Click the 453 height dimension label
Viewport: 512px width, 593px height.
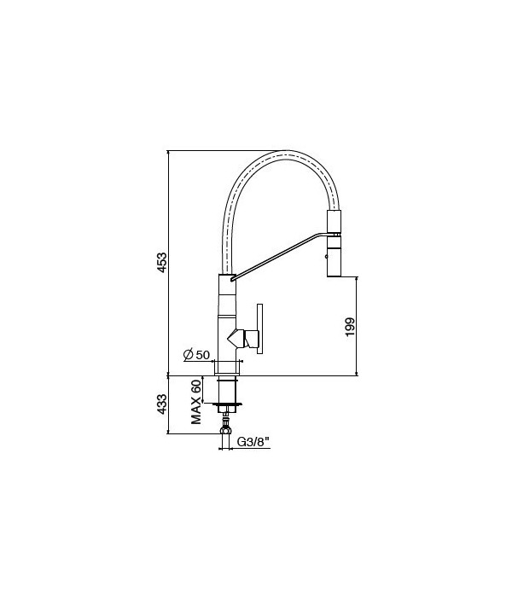click(161, 264)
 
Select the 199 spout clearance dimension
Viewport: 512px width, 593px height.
click(349, 326)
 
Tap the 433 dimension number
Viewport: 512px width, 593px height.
click(161, 404)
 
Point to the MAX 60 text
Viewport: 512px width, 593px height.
click(195, 402)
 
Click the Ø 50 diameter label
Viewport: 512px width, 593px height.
click(197, 354)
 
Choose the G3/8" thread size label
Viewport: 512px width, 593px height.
click(253, 442)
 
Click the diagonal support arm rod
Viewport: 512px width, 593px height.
click(277, 255)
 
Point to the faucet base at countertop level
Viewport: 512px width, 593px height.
click(227, 368)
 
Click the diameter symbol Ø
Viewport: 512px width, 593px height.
click(187, 354)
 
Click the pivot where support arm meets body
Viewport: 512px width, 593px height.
click(230, 276)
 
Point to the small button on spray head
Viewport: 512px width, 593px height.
click(325, 253)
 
